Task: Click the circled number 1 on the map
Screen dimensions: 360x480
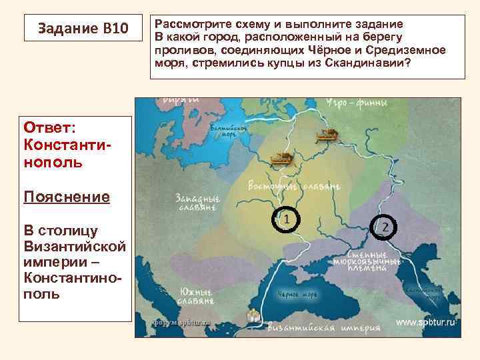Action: point(285,219)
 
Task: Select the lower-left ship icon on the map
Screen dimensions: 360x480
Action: point(281,159)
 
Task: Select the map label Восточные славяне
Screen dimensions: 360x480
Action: point(294,185)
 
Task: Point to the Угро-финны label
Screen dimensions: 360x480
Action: point(354,103)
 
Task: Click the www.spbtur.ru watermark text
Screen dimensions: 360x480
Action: point(425,322)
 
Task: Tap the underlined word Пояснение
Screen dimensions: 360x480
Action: point(66,197)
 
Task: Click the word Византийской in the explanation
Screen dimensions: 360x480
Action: point(74,247)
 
